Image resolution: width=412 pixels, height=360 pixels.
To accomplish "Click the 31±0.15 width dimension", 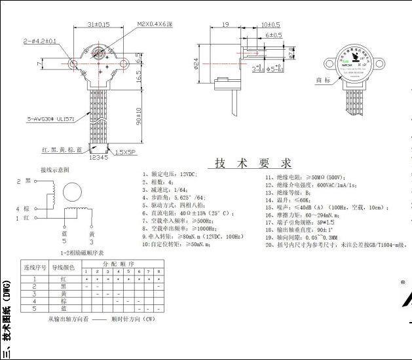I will pos(99,24).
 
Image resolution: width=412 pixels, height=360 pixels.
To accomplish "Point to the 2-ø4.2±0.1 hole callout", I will pos(40,41).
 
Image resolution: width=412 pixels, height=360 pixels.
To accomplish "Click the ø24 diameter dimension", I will pos(195,64).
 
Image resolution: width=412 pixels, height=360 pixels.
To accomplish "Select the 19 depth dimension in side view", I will pos(225,24).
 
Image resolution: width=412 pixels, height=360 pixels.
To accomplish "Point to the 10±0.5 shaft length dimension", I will pos(271,24).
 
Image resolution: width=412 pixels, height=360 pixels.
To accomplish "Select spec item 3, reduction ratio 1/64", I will pos(169,189).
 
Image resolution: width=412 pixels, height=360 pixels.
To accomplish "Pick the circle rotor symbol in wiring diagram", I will pos(71,192).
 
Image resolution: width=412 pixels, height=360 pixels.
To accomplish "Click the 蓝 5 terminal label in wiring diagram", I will pos(64,236).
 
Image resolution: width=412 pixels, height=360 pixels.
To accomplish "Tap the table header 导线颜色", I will pos(64,267).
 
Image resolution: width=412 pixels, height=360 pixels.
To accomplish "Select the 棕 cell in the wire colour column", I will pos(64,301).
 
